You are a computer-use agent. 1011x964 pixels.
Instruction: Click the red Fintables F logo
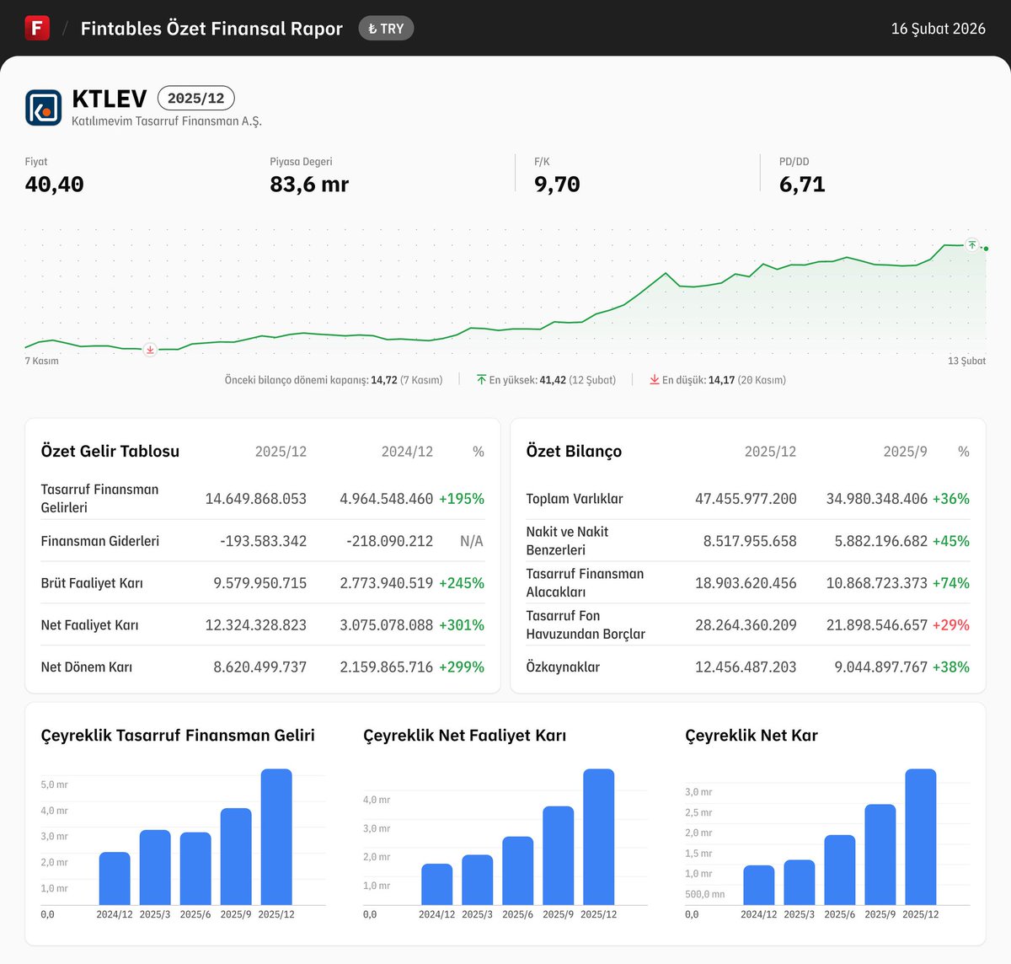click(x=37, y=28)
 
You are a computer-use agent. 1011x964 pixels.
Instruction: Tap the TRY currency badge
click(x=386, y=29)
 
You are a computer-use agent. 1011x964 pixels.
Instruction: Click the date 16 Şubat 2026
click(x=938, y=29)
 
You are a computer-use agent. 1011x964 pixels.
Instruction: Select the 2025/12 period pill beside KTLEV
click(x=195, y=99)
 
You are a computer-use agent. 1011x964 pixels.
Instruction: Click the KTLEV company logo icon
click(x=43, y=108)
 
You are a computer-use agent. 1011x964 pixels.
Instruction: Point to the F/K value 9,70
click(x=557, y=185)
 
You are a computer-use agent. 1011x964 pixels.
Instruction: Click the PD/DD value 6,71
click(x=802, y=185)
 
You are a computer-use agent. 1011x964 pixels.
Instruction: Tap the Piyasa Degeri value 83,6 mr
click(x=309, y=185)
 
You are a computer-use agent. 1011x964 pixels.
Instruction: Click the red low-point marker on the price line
click(x=150, y=350)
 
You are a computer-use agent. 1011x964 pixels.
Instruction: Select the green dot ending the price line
click(x=986, y=249)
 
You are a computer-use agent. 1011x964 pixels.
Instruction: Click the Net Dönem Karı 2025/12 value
click(x=259, y=667)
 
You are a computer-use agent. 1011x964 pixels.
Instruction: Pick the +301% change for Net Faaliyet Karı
click(x=461, y=625)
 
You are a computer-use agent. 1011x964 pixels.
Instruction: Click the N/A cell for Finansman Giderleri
click(x=472, y=541)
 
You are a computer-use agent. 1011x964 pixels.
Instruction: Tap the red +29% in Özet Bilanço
click(x=950, y=625)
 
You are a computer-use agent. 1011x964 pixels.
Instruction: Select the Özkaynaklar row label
click(x=563, y=667)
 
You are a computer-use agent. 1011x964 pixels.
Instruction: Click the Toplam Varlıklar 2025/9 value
click(x=876, y=499)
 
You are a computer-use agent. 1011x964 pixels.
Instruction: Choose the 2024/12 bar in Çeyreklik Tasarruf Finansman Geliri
click(x=115, y=878)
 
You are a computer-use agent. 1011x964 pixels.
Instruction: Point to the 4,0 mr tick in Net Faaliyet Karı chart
click(x=377, y=800)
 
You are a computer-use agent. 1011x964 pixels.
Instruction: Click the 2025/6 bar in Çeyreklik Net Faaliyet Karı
click(x=517, y=870)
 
